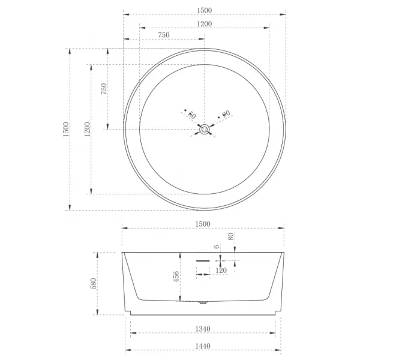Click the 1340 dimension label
click(203, 329)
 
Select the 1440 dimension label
click(203, 346)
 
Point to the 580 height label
click(94, 283)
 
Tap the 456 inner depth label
click(176, 277)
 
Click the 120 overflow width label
click(221, 271)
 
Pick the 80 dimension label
click(231, 236)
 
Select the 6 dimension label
click(217, 247)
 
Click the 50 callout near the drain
click(192, 115)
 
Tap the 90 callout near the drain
click(226, 113)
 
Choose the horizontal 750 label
click(164, 35)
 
